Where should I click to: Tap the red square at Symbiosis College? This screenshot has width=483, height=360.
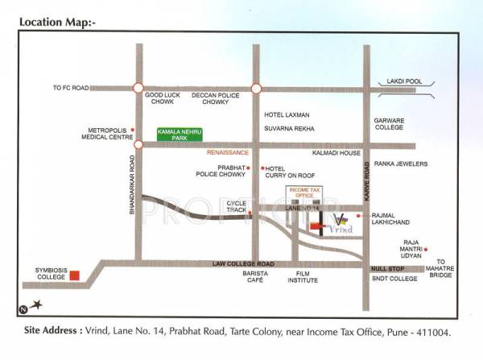74,275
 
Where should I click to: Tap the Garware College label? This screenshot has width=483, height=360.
389,124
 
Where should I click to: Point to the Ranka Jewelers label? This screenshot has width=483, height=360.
399,163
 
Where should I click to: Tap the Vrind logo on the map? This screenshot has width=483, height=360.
342,223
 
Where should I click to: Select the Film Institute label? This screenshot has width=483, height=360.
301,278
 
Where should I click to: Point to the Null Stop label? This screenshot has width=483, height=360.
387,267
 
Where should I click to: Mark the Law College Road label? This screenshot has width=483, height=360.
245,264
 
